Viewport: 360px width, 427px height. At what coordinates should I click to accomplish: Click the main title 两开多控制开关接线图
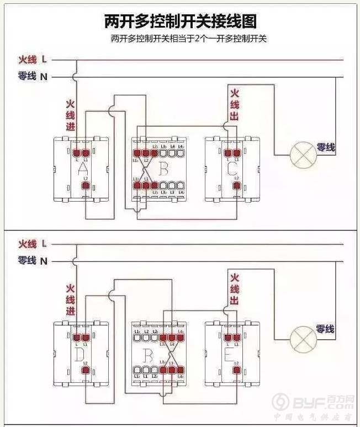click(x=180, y=22)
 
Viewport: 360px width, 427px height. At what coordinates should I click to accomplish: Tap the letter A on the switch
click(x=83, y=168)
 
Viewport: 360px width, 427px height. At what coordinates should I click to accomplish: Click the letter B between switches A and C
click(x=163, y=168)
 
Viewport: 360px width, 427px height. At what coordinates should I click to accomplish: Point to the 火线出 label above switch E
click(x=235, y=289)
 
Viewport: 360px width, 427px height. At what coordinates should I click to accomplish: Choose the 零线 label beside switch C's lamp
click(x=326, y=148)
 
